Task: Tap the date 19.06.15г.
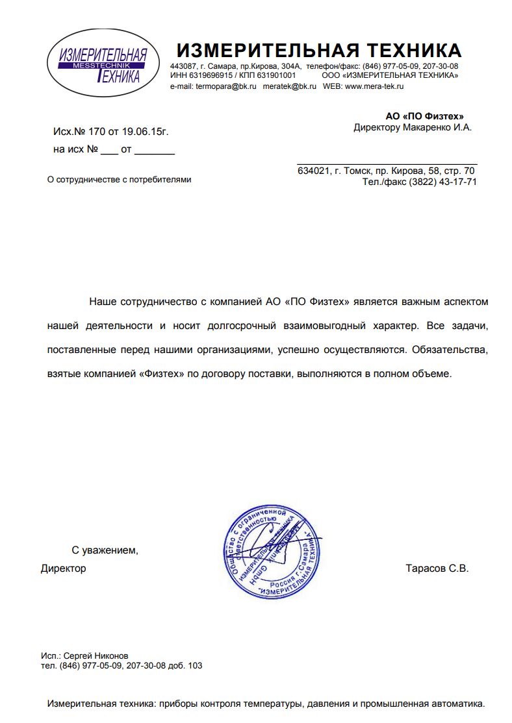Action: pos(145,132)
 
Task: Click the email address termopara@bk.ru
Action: pos(226,86)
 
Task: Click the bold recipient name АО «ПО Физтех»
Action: pos(424,116)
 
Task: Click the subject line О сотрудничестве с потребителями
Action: pos(120,179)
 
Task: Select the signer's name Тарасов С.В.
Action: pos(437,569)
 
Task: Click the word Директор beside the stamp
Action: pos(63,569)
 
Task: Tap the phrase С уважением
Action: pos(105,550)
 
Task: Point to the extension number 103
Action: pos(194,665)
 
